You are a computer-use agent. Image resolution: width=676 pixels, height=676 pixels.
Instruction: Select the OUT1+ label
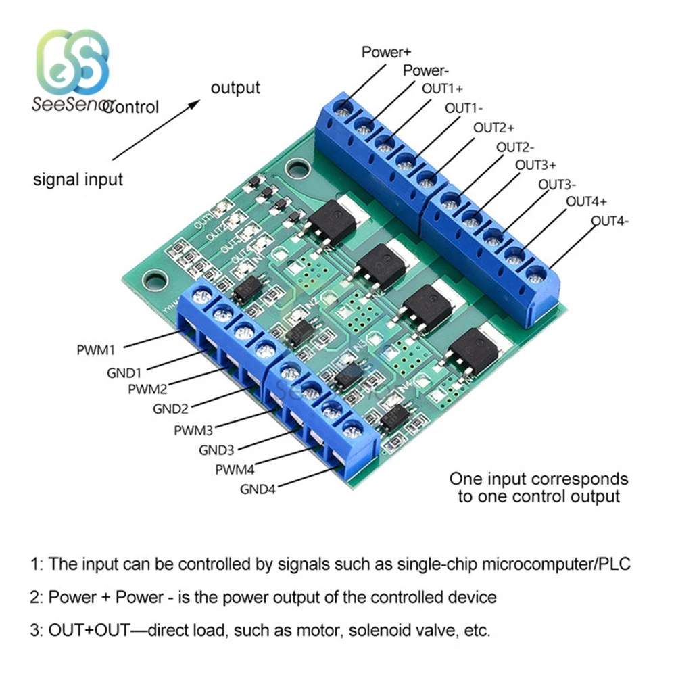tap(443, 89)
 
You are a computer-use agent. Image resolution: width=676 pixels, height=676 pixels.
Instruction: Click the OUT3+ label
tap(536, 164)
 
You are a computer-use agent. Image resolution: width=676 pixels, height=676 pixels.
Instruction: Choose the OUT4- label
tap(610, 220)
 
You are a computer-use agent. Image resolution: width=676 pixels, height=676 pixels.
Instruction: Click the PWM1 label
tap(96, 350)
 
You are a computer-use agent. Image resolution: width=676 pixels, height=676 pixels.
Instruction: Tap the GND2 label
tap(171, 408)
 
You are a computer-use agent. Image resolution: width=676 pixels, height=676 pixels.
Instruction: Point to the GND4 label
tap(258, 489)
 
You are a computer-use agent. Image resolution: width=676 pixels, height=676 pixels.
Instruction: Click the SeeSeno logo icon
tap(72, 64)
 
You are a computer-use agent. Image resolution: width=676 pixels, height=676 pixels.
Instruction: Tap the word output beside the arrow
tap(235, 88)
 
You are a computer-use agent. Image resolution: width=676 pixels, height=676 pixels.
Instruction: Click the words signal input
tap(78, 180)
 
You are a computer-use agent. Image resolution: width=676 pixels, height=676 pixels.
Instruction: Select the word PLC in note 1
tap(614, 563)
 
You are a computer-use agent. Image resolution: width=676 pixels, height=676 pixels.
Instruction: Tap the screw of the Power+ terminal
tap(344, 107)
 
